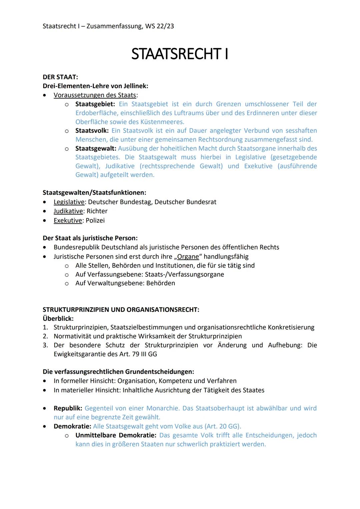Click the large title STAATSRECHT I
tap(180, 54)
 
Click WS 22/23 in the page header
tap(159, 26)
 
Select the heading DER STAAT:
tap(60, 77)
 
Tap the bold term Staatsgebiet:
tap(95, 104)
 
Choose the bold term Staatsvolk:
tap(92, 131)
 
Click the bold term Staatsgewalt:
tap(96, 148)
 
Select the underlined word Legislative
tap(69, 202)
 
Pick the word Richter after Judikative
tap(97, 211)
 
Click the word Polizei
tap(95, 220)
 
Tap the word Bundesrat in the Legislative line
tap(202, 202)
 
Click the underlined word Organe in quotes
tap(188, 257)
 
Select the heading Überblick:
tap(58, 318)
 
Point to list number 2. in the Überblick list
tap(45, 336)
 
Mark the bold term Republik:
tap(68, 408)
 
